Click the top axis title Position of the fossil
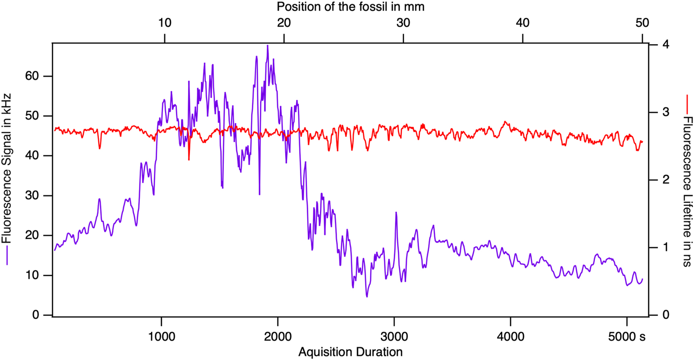click(350, 7)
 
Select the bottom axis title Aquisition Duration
click(350, 352)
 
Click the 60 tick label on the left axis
click(32, 76)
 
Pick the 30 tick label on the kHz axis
click(32, 196)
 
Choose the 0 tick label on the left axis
click(36, 315)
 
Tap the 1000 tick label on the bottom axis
click(161, 336)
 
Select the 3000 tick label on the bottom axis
click(394, 336)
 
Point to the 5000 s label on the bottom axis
click(627, 336)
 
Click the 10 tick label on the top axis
click(165, 23)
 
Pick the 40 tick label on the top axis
click(523, 23)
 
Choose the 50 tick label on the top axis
click(642, 23)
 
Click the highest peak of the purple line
click(268, 46)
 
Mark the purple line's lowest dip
click(367, 297)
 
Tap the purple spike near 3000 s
click(396, 213)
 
